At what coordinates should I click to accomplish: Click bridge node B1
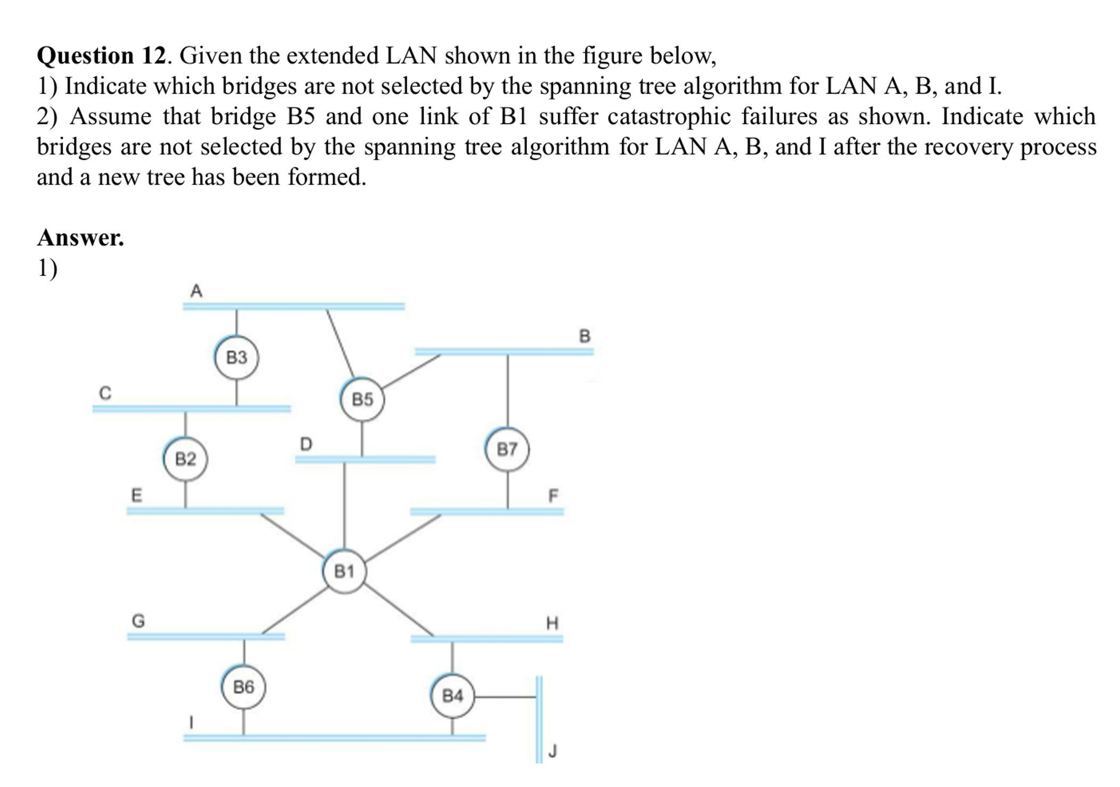point(344,571)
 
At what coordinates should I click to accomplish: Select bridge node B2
point(185,459)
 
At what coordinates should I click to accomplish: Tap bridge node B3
point(236,357)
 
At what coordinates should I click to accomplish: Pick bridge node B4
point(452,695)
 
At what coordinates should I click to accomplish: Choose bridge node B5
point(363,399)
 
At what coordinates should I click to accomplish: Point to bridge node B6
point(243,687)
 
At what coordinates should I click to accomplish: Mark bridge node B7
point(507,450)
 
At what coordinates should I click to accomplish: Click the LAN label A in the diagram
point(196,291)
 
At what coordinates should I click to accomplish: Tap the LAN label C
point(105,393)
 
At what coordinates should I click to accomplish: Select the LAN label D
point(306,444)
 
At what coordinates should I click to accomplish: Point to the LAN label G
point(138,621)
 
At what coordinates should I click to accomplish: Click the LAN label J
point(553,751)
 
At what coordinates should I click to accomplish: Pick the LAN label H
point(553,623)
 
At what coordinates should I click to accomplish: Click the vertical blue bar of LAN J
point(539,718)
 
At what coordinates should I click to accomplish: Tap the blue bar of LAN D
point(365,459)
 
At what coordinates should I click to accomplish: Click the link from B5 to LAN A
point(340,343)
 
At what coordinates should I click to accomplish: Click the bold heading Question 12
point(101,56)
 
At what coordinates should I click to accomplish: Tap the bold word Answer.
point(80,238)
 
